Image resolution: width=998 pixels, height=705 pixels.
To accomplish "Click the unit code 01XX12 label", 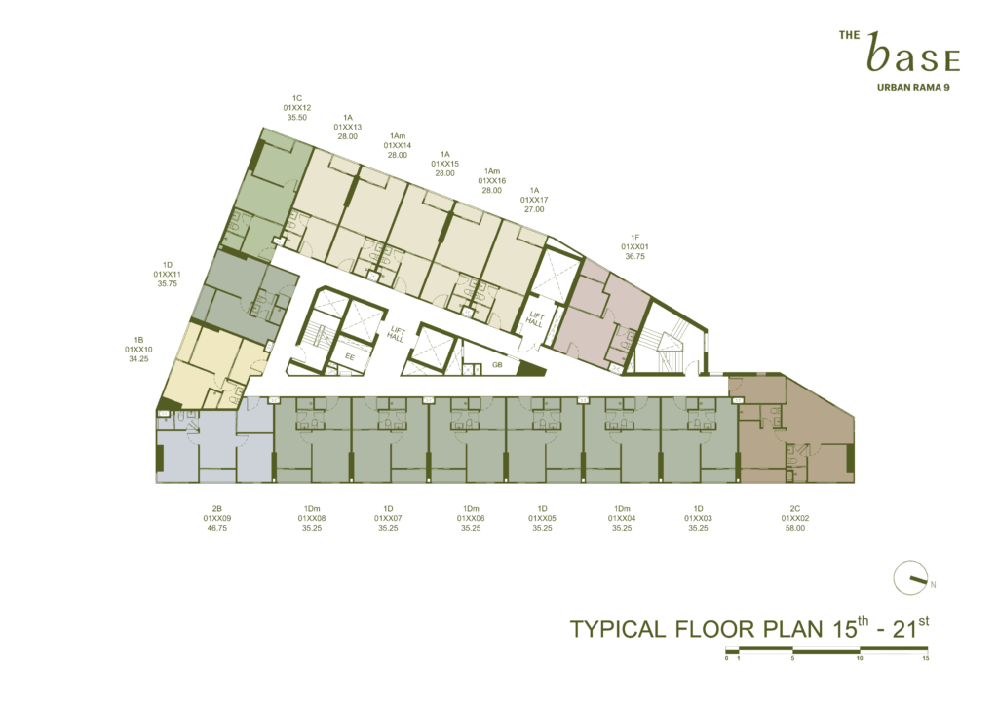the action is [x=297, y=108].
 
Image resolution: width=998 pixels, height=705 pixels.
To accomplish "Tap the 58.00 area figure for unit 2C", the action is [x=795, y=528].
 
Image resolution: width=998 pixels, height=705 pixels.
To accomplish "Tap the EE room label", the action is [x=350, y=356].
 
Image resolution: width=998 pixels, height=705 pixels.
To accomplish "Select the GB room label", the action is [x=498, y=365].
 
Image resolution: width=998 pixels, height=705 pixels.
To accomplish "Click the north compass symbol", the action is [x=911, y=577].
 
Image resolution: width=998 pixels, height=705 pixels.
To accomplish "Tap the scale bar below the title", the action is [x=826, y=649].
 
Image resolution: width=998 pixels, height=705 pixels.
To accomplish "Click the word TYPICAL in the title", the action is [x=617, y=629].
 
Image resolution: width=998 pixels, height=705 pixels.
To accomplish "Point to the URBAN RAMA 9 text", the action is [x=913, y=87].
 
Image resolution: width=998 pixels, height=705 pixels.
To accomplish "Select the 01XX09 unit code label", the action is [x=217, y=518].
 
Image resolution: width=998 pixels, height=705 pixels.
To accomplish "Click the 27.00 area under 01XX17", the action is [x=534, y=209].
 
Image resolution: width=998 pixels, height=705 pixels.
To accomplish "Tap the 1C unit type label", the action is [x=297, y=98].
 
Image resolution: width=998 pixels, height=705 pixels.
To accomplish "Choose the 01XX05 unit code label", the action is [x=542, y=518].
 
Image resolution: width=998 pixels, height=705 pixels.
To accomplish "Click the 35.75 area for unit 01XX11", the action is [x=168, y=283].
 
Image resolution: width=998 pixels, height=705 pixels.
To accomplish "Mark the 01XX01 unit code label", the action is [x=635, y=246].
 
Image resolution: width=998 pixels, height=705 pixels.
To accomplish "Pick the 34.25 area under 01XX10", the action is [x=138, y=358].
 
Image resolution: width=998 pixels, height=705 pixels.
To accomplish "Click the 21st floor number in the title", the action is [x=911, y=628].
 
